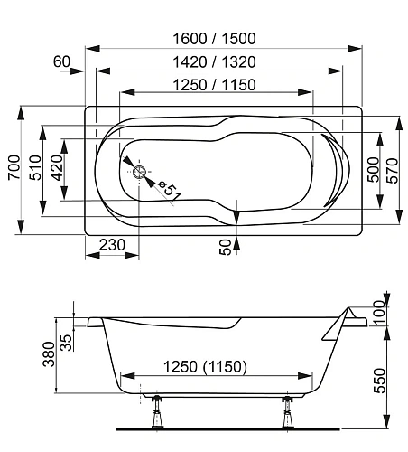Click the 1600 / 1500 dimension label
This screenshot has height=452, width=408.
[216, 38]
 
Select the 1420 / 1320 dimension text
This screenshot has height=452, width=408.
[216, 61]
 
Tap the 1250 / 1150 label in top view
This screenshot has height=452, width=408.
[216, 85]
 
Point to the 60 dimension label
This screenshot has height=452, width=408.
[62, 61]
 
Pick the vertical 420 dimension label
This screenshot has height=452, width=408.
[57, 167]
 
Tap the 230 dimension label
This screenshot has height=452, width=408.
[112, 244]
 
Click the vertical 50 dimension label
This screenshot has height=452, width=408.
[226, 245]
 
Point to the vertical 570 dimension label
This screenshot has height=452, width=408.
[393, 168]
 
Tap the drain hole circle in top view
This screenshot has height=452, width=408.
[140, 172]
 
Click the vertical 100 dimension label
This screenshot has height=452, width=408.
[378, 314]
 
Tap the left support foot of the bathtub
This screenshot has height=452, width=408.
[156, 412]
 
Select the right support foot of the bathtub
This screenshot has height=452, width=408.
[288, 412]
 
